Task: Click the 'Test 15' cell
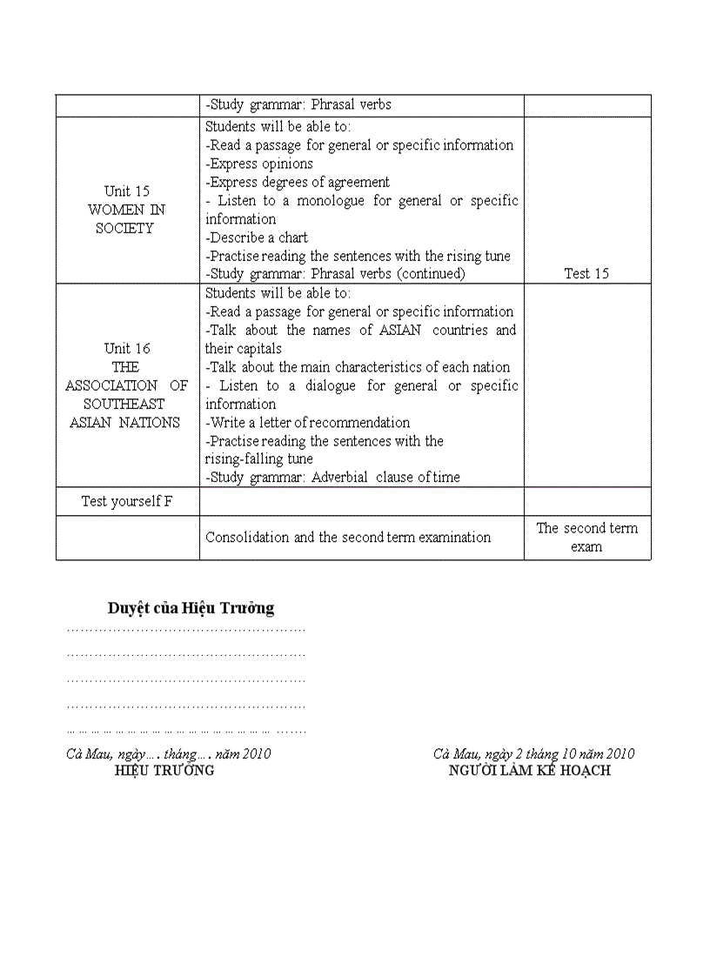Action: click(586, 273)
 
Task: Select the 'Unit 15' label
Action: click(127, 191)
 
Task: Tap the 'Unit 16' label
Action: click(127, 349)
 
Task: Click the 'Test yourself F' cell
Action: click(127, 501)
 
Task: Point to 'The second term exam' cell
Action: click(586, 538)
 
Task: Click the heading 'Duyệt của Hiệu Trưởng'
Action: click(191, 608)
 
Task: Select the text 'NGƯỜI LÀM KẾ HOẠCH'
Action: click(530, 771)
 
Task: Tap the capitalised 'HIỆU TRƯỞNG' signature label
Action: click(164, 771)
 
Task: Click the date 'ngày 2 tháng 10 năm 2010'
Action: click(556, 753)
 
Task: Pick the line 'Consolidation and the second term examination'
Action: click(348, 538)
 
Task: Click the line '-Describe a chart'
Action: click(257, 238)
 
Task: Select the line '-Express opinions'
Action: click(259, 164)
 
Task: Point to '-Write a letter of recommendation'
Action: click(308, 423)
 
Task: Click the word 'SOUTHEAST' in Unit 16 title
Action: click(124, 404)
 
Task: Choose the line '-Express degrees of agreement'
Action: click(298, 182)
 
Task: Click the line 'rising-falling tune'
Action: click(259, 458)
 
